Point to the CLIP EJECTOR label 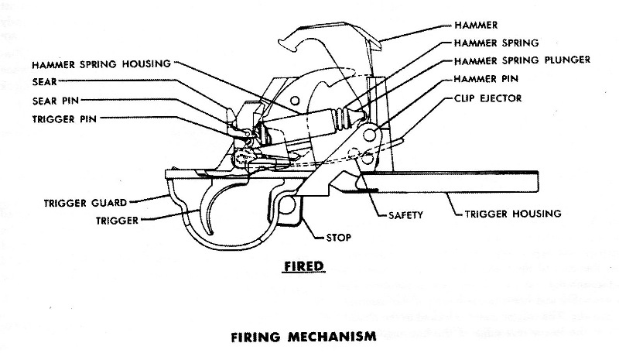click(x=487, y=98)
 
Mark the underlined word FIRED click(x=303, y=266)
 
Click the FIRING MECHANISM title click(x=303, y=338)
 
